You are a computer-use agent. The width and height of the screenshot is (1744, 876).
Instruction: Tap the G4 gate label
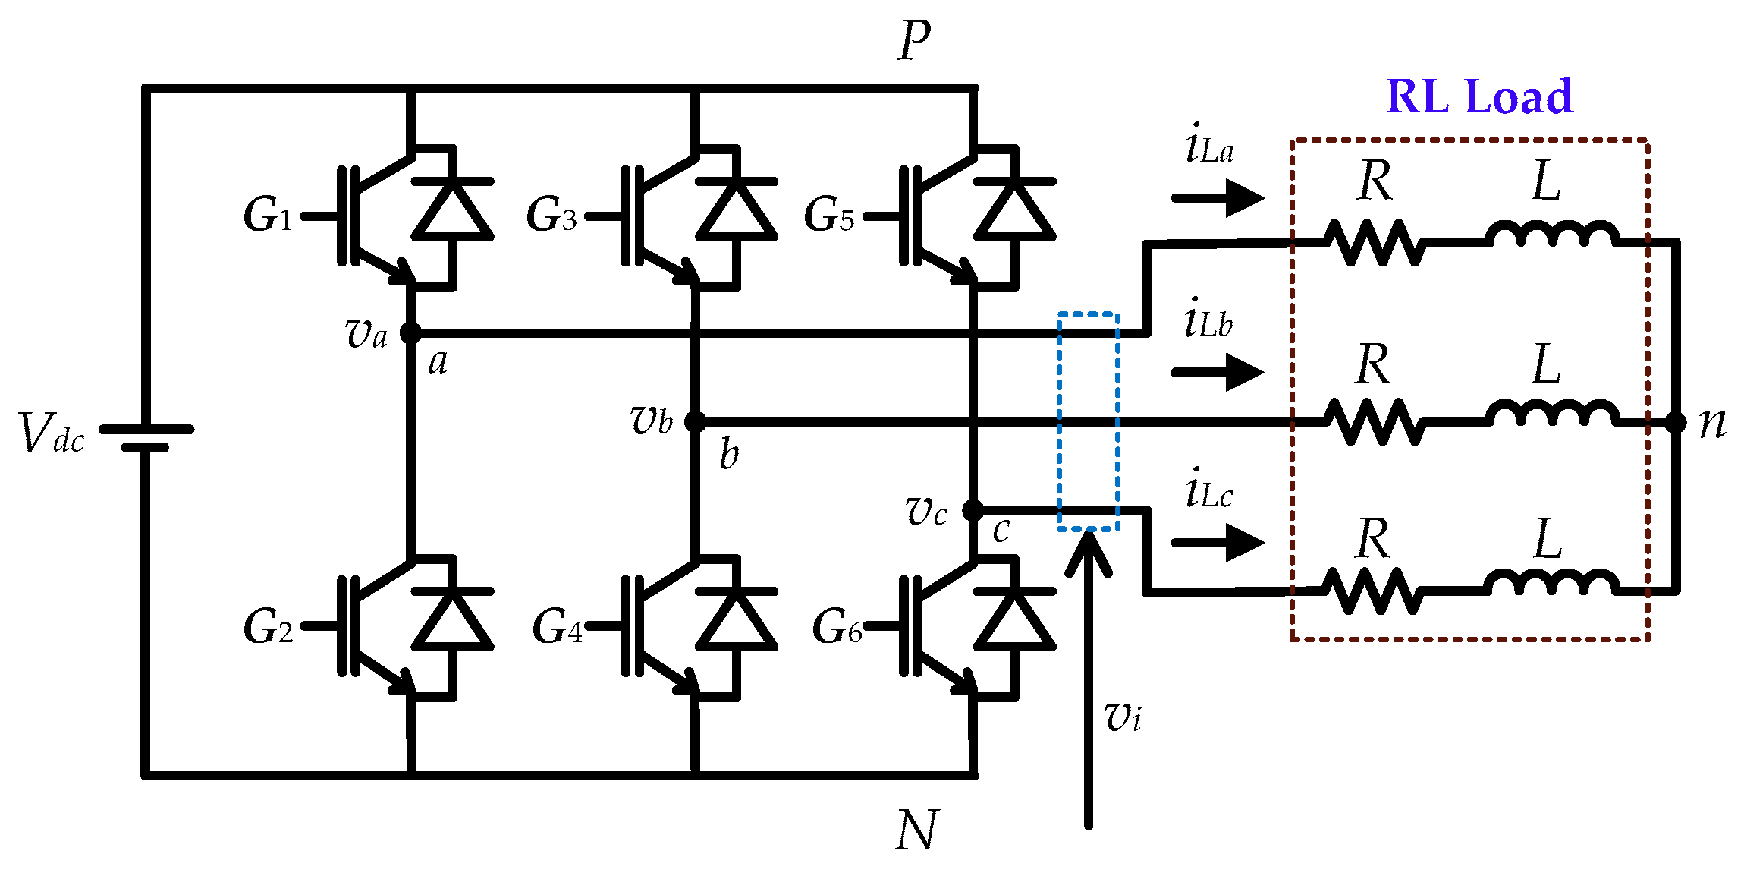[557, 627]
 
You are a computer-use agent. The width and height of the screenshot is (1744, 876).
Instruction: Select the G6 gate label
[836, 627]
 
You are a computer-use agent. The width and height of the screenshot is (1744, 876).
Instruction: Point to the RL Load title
[1479, 96]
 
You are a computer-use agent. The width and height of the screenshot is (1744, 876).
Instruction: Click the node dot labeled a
[410, 332]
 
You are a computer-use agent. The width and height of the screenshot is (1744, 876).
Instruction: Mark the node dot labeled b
[695, 421]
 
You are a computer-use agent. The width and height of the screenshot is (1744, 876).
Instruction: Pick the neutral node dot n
[1676, 422]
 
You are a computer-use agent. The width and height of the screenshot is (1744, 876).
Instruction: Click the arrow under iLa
[1218, 198]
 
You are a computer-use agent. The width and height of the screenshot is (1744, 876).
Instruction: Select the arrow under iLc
[1218, 543]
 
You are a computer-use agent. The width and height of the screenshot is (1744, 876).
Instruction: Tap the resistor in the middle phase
[1375, 421]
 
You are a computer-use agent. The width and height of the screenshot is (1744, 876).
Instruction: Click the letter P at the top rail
[914, 41]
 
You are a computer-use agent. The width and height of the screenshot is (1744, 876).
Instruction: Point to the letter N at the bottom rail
[916, 830]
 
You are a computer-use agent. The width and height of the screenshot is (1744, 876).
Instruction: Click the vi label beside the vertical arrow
[1123, 715]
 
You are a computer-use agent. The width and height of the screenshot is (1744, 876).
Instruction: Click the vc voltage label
[926, 511]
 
